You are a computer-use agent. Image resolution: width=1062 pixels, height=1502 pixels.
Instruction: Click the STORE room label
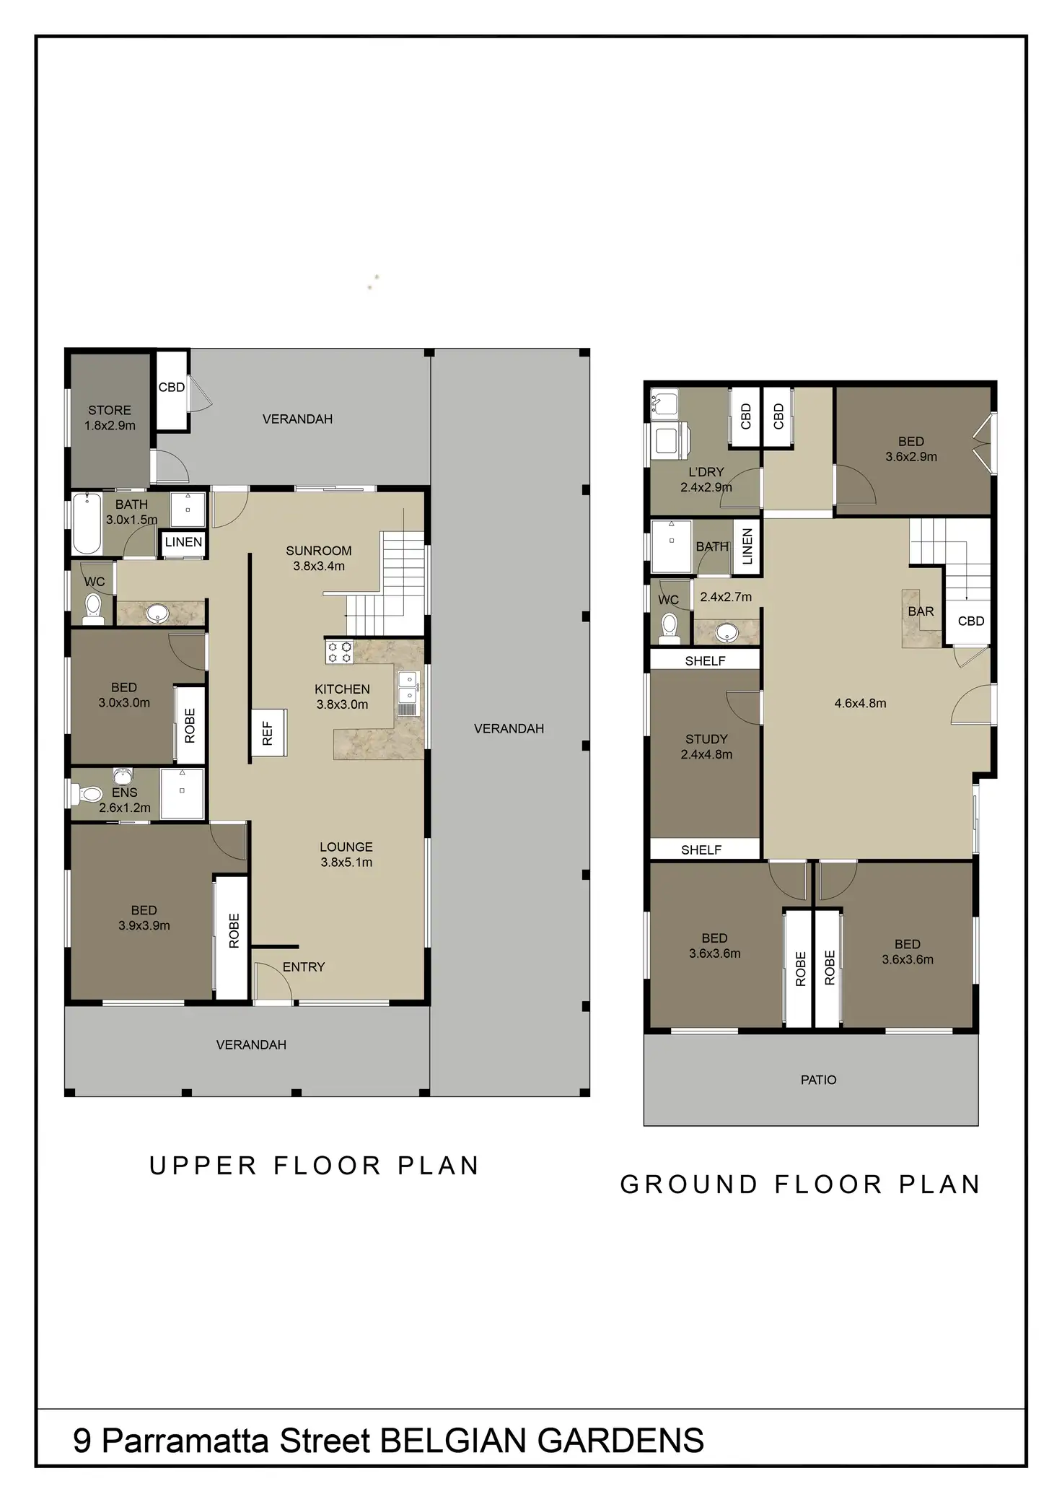pos(110,410)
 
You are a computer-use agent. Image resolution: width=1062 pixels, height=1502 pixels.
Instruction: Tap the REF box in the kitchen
pos(268,733)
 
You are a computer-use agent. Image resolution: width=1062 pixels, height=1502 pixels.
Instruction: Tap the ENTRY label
pos(304,967)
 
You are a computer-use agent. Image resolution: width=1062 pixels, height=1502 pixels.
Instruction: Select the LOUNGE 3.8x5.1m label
pos(346,855)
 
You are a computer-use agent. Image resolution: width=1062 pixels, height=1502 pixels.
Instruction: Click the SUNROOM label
pos(319,551)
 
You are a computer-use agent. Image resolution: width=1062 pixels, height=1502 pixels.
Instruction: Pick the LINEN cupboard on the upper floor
pos(183,542)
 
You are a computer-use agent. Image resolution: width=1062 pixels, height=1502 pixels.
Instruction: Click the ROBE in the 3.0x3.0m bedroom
pos(190,725)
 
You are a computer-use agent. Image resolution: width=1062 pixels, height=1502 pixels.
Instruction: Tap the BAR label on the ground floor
pos(921,611)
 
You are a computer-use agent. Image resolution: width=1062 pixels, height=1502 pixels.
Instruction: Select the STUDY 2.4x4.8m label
pos(706,747)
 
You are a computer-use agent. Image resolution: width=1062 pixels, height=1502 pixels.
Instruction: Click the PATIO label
pos(818,1080)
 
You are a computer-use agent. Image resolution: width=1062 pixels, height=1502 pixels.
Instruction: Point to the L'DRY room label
pos(706,472)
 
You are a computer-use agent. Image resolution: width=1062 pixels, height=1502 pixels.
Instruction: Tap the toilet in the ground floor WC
pos(669,628)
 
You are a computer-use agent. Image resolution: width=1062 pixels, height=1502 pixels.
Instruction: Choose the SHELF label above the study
pos(705,660)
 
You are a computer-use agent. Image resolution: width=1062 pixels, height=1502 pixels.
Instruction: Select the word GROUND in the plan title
pos(689,1184)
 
